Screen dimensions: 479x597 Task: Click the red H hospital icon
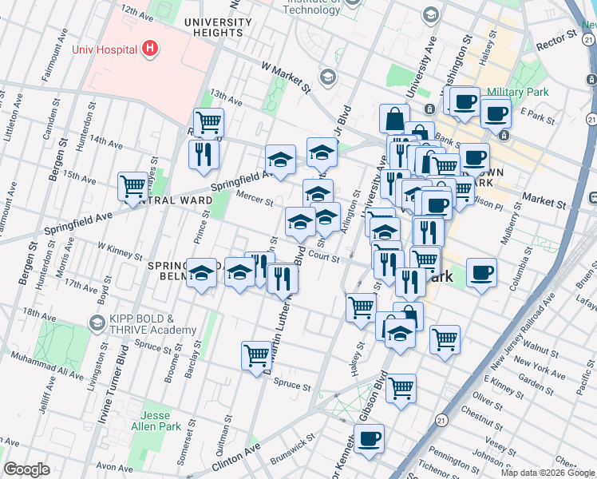coord(149,49)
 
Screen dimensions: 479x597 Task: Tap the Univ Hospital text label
coord(105,49)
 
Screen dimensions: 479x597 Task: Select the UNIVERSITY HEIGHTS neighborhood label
coord(212,27)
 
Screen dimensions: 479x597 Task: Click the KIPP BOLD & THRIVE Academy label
coord(152,324)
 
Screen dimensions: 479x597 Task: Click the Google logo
coord(27,469)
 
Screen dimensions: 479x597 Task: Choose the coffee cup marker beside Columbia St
coord(481,273)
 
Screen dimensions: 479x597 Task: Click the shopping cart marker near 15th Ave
coord(132,186)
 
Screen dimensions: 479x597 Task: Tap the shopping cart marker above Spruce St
coord(257,355)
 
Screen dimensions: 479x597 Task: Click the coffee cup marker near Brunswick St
coord(368,438)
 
